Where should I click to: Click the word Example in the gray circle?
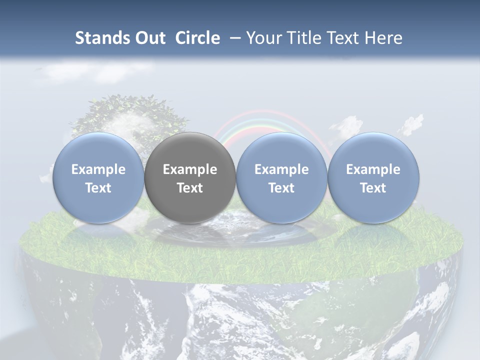pos(190,169)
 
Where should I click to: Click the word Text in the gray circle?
pos(190,188)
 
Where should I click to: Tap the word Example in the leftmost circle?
pos(98,169)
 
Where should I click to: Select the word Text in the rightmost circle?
pos(373,188)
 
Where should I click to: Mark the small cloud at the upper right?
pos(412,124)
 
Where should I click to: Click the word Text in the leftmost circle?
pos(98,188)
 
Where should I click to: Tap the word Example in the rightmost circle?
pos(373,169)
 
